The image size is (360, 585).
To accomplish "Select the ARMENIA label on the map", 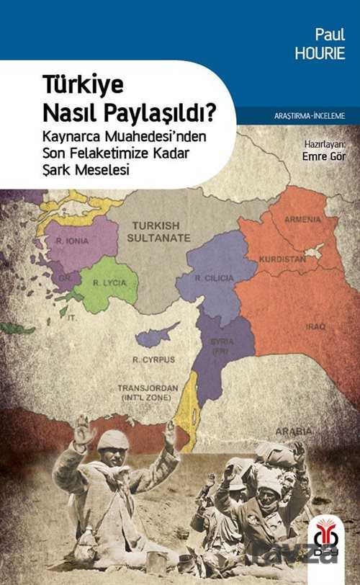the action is click(302, 219).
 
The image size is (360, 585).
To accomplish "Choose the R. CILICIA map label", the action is click(214, 277).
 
